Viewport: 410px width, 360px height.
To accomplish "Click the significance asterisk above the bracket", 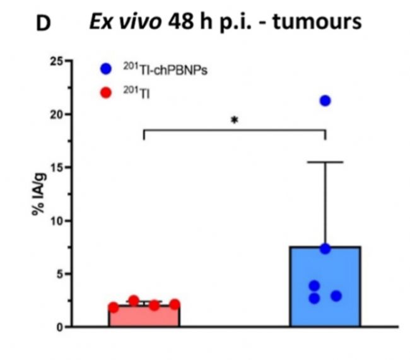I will point(235,119).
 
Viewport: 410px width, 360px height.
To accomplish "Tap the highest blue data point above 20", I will point(325,100).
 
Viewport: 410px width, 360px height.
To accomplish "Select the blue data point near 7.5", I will point(325,248).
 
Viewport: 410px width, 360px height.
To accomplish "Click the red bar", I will point(144,317).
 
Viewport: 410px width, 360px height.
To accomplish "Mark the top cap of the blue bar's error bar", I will point(325,162).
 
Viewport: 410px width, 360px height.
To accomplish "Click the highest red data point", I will point(134,300).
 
